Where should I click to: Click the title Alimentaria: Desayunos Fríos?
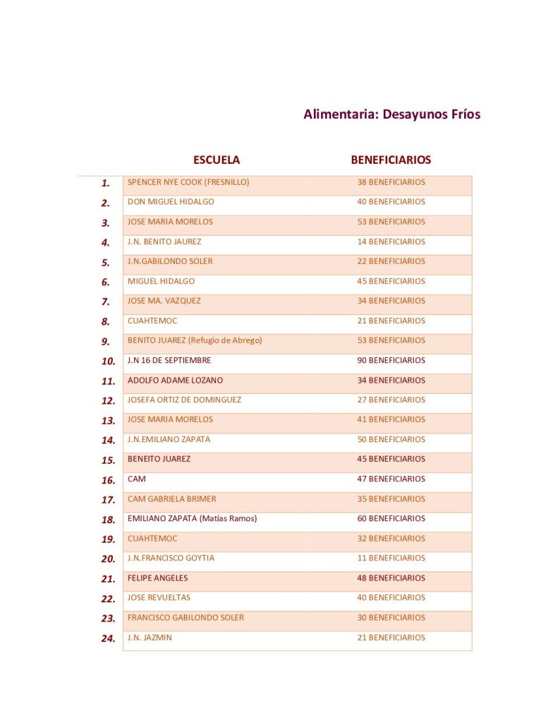pyautogui.click(x=392, y=114)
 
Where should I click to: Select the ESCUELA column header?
pyautogui.click(x=217, y=160)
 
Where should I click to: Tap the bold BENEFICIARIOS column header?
pyautogui.click(x=391, y=160)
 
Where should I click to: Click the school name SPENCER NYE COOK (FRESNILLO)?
pyautogui.click(x=188, y=182)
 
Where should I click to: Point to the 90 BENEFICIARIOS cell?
pyautogui.click(x=391, y=360)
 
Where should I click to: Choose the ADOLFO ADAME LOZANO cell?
pyautogui.click(x=175, y=380)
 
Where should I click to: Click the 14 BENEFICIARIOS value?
pyautogui.click(x=391, y=241)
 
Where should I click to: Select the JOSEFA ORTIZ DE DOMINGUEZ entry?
pyautogui.click(x=184, y=400)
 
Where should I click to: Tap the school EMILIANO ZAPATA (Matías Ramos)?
pyautogui.click(x=192, y=518)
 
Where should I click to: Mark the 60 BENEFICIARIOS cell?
pyautogui.click(x=391, y=518)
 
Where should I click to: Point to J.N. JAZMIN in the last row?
pyautogui.click(x=150, y=638)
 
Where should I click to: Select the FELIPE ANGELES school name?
pyautogui.click(x=157, y=578)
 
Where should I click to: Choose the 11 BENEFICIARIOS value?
pyautogui.click(x=391, y=558)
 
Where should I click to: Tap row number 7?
pyautogui.click(x=106, y=302)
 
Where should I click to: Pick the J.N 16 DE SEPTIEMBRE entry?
pyautogui.click(x=169, y=360)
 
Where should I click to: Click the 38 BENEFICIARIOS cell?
pyautogui.click(x=391, y=182)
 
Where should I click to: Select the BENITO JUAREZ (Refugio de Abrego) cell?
pyautogui.click(x=195, y=340)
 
